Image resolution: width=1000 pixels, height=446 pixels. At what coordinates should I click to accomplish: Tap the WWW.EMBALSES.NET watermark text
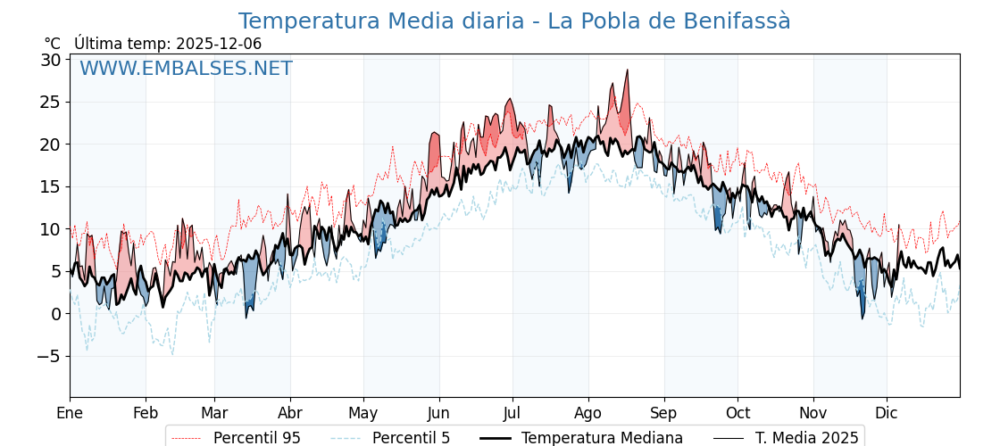click(186, 69)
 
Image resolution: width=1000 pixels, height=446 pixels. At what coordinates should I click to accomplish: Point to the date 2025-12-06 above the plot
click(219, 44)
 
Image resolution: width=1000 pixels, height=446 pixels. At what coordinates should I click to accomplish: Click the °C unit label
click(52, 44)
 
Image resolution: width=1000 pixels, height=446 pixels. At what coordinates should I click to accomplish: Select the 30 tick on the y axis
click(50, 60)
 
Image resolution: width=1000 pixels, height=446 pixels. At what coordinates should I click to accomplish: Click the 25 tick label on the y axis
click(50, 102)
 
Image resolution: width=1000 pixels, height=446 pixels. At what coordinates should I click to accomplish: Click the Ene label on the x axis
click(70, 413)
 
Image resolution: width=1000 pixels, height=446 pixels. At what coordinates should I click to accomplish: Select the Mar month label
click(214, 413)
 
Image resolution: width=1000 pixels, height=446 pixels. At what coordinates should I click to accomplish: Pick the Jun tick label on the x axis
click(438, 413)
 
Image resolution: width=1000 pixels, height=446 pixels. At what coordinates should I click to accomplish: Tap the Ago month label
click(588, 413)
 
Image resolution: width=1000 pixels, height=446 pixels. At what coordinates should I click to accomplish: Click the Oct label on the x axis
click(737, 413)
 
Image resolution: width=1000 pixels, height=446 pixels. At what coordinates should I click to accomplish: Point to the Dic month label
click(887, 413)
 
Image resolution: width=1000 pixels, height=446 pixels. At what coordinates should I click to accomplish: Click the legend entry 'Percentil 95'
click(256, 438)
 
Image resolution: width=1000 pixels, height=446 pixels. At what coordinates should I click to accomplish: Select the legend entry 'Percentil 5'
click(411, 438)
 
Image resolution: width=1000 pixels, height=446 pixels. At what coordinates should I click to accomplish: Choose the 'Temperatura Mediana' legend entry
click(602, 438)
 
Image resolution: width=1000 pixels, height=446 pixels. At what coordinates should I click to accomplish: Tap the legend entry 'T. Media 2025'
click(806, 438)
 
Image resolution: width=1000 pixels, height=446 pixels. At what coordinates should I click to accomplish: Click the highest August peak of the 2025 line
click(627, 70)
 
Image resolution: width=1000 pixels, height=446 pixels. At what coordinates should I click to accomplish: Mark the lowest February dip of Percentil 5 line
click(172, 354)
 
